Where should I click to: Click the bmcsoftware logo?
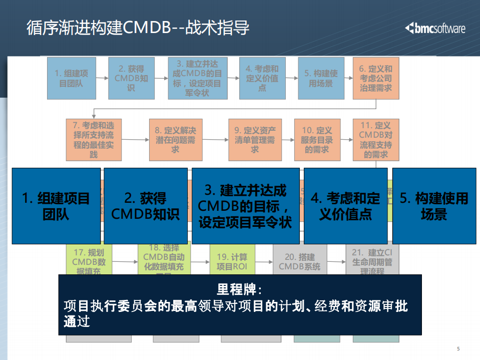(x=435, y=28)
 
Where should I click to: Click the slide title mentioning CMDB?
(x=138, y=28)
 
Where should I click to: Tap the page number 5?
(x=458, y=349)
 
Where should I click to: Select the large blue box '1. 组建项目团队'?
(x=56, y=206)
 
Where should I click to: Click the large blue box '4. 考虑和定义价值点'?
(x=345, y=206)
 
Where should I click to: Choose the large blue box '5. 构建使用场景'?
(x=434, y=206)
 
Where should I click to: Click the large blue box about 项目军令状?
(x=245, y=206)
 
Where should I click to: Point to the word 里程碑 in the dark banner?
(x=240, y=290)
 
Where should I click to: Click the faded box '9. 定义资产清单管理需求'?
(x=255, y=139)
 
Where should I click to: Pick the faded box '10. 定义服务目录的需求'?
(x=317, y=139)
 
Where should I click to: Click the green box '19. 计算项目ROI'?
(x=232, y=261)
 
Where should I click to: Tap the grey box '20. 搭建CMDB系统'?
(x=299, y=261)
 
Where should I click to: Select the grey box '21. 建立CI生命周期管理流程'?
(x=372, y=261)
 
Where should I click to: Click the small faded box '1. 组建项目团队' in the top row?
(x=71, y=78)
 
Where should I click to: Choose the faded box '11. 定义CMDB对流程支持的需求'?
(x=375, y=139)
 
